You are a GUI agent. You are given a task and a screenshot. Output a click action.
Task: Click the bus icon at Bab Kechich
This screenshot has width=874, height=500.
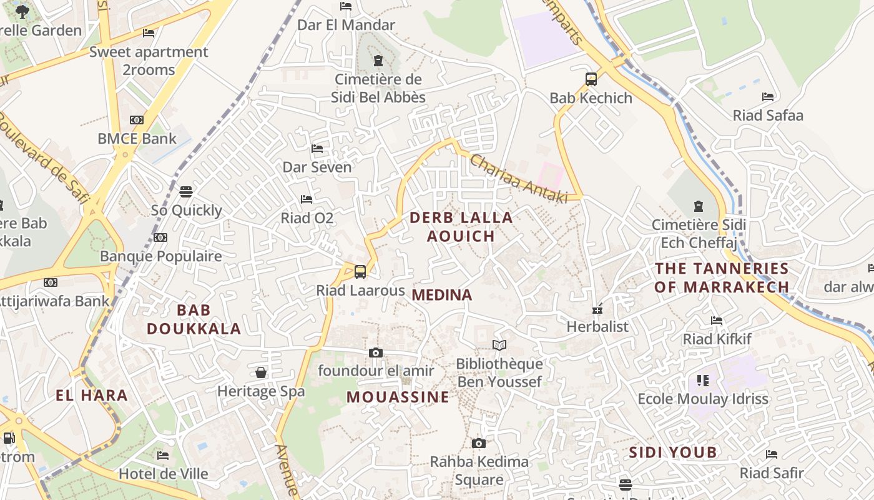tap(591, 79)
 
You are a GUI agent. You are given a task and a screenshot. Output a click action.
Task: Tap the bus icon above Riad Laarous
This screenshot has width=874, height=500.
tap(360, 272)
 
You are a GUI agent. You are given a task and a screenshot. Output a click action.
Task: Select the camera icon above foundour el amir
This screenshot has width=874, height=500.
tap(375, 352)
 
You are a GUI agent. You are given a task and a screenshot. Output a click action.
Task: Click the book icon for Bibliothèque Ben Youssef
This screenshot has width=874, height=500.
tap(499, 345)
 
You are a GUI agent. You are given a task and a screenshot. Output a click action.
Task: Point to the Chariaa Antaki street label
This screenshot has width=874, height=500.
tap(518, 179)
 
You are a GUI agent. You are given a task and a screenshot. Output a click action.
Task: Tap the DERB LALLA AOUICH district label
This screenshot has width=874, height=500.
tap(461, 226)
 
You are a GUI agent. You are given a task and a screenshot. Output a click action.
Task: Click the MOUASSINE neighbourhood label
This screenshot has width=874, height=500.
tap(398, 397)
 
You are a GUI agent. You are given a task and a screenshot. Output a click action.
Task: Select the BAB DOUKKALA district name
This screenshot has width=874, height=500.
tap(194, 319)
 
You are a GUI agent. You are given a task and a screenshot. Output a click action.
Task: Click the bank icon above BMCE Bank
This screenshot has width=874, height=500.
tap(137, 120)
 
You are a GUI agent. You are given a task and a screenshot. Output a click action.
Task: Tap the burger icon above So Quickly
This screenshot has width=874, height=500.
tap(186, 191)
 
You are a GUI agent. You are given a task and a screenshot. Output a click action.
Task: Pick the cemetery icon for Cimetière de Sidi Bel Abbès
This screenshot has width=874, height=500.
tap(378, 61)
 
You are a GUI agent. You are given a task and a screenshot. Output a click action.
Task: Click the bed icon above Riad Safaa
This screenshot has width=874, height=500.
tap(768, 97)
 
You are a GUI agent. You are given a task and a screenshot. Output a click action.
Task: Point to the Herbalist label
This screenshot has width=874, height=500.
tap(597, 326)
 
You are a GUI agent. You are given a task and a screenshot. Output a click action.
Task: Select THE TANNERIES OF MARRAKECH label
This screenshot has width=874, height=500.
tap(722, 277)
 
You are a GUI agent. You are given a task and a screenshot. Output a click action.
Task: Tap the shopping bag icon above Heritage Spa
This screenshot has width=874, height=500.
tap(261, 373)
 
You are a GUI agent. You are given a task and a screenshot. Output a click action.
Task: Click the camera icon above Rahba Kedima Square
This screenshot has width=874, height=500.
tap(479, 444)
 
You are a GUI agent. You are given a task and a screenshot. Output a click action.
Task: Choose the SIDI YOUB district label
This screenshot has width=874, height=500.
tap(673, 452)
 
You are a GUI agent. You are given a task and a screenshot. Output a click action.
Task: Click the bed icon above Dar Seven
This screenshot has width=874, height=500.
tap(317, 149)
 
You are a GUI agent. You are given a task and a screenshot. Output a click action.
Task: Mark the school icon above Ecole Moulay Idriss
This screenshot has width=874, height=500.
tap(703, 380)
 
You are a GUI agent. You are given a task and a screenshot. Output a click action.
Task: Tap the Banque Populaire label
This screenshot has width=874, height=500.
tap(161, 256)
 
